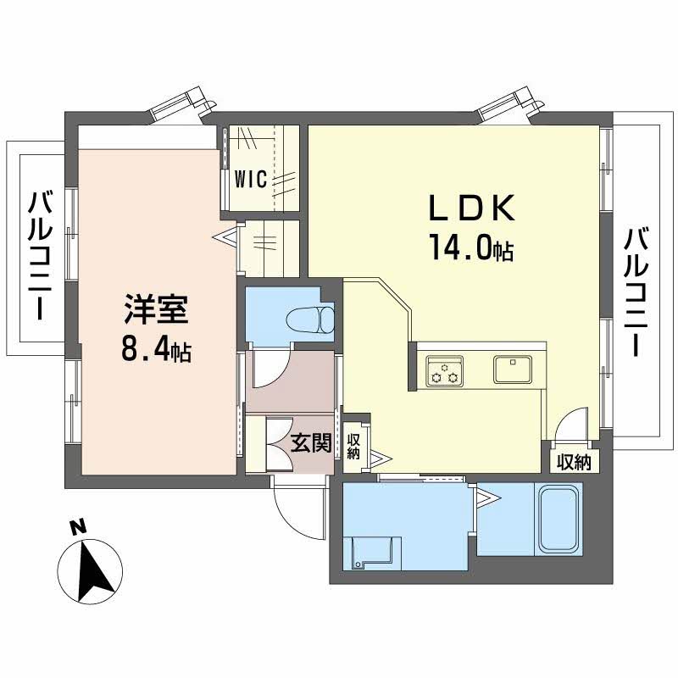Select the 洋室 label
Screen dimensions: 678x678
[158, 309]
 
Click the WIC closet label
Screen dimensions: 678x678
[252, 179]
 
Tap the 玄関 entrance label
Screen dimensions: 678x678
[311, 442]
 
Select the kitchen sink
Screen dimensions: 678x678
[512, 369]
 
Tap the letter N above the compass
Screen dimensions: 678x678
[78, 527]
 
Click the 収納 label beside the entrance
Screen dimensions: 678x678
[354, 447]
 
